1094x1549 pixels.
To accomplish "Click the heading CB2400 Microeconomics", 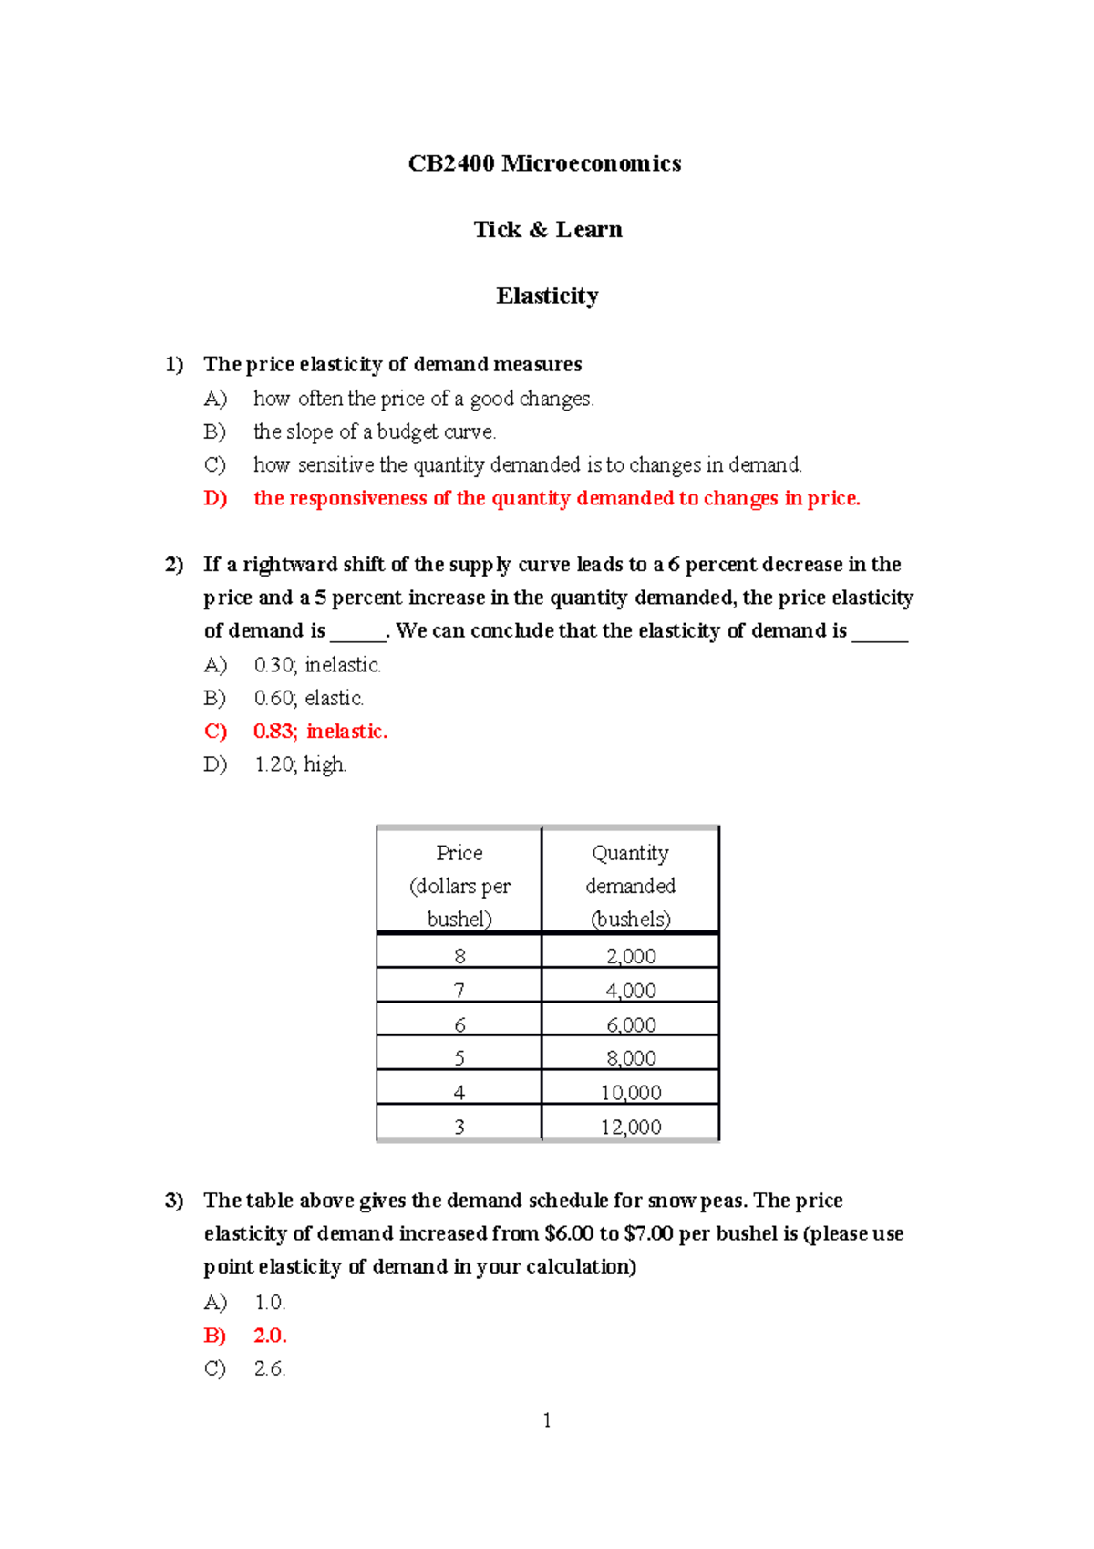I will tap(544, 163).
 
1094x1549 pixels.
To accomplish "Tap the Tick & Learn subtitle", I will tap(547, 230).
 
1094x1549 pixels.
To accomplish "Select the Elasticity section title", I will tap(547, 296).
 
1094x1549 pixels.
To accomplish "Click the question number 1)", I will tap(174, 364).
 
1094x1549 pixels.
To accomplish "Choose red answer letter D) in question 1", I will tap(215, 498).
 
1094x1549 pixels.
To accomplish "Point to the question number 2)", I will tap(174, 565).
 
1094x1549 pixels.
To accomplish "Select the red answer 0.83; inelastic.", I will tap(320, 732).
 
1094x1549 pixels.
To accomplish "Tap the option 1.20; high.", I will tap(300, 764).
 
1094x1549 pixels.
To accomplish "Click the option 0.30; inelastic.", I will tap(317, 665).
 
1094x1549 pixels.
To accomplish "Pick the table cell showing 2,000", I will tap(631, 956).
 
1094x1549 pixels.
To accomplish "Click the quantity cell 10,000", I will tap(631, 1093).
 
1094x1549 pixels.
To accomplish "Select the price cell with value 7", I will tap(459, 991).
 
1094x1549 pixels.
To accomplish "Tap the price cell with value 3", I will tap(459, 1128).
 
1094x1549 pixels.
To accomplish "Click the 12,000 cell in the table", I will tap(631, 1128).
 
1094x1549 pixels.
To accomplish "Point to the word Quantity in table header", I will tap(630, 853).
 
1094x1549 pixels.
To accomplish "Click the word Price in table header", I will tap(459, 853).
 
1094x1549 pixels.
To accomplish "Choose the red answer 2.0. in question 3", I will tap(270, 1336).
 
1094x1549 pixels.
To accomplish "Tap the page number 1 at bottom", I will tap(547, 1420).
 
